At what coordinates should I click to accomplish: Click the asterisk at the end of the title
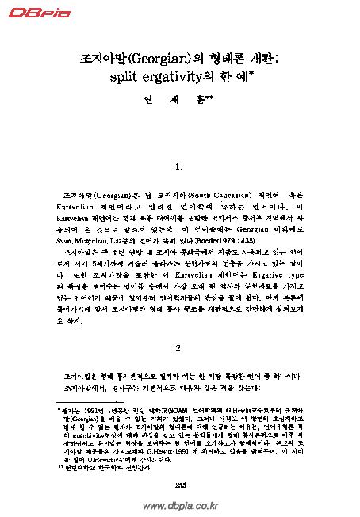251,75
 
